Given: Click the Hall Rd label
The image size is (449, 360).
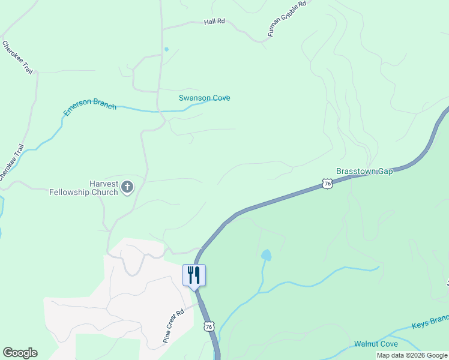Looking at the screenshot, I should pyautogui.click(x=214, y=21).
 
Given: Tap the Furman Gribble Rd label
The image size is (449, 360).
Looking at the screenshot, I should pyautogui.click(x=287, y=19).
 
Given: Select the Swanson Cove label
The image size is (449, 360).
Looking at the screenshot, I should pyautogui.click(x=204, y=98).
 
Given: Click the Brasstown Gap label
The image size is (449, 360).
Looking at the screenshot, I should pyautogui.click(x=364, y=171).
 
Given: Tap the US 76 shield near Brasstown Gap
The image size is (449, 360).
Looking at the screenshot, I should pyautogui.click(x=326, y=184).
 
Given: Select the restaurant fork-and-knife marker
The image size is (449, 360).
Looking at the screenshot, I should pyautogui.click(x=194, y=275).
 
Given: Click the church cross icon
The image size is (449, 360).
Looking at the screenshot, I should pyautogui.click(x=127, y=187).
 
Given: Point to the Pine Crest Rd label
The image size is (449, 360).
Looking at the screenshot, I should pyautogui.click(x=173, y=326).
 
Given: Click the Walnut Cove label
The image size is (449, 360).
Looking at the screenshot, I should pyautogui.click(x=376, y=344).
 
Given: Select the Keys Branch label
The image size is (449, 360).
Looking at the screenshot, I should pyautogui.click(x=430, y=323).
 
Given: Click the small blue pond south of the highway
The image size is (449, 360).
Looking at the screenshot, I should pyautogui.click(x=265, y=256).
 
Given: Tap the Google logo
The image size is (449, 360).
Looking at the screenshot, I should pyautogui.click(x=20, y=353).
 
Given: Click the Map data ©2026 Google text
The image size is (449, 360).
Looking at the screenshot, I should pyautogui.click(x=412, y=355).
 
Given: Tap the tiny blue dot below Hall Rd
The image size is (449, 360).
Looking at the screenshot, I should pyautogui.click(x=166, y=49).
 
